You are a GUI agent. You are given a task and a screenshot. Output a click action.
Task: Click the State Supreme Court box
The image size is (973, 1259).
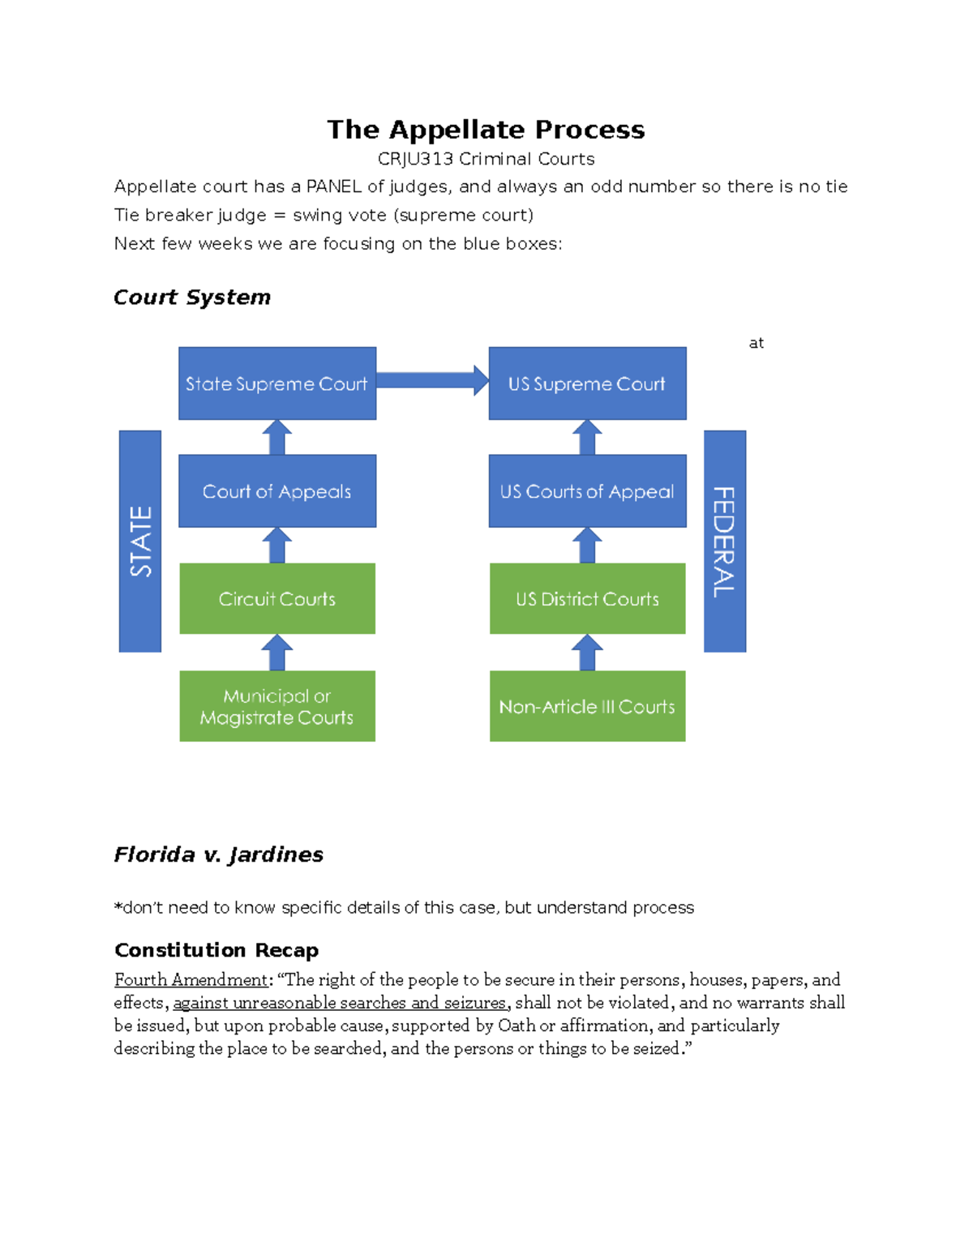click(276, 383)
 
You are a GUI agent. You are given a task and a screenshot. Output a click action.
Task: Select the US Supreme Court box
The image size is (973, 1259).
click(587, 383)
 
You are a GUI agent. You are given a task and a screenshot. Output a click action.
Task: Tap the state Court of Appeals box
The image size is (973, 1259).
click(276, 491)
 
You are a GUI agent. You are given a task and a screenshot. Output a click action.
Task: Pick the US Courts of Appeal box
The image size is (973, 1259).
click(587, 491)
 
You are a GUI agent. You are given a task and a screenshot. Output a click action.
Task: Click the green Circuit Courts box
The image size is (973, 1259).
click(276, 598)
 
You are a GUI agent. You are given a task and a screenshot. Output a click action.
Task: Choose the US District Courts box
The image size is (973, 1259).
click(587, 598)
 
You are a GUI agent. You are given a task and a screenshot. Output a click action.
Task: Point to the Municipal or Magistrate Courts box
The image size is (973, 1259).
click(276, 706)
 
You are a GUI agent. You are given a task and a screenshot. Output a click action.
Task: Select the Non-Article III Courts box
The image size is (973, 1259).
click(587, 706)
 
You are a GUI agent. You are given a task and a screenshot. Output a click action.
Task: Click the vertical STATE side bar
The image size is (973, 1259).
click(140, 541)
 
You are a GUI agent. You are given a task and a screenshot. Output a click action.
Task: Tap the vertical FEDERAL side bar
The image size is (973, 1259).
click(724, 541)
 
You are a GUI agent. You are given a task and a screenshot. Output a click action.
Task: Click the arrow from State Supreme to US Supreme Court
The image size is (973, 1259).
click(432, 380)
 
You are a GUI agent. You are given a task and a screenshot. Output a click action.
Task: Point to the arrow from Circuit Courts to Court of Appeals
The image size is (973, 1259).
click(276, 546)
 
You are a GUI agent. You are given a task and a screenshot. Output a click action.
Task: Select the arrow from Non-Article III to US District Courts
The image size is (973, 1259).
click(587, 653)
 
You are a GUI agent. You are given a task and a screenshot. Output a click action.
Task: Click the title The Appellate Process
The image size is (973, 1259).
click(486, 130)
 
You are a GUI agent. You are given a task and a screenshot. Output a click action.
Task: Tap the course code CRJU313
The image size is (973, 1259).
click(415, 159)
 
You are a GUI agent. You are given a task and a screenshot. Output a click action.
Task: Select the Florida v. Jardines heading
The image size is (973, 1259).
click(218, 854)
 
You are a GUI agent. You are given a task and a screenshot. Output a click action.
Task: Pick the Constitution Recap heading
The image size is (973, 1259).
click(216, 950)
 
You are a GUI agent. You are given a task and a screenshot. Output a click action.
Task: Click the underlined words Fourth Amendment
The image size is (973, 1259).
click(191, 979)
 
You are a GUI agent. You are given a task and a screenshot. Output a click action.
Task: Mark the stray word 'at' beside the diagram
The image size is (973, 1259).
click(756, 343)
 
